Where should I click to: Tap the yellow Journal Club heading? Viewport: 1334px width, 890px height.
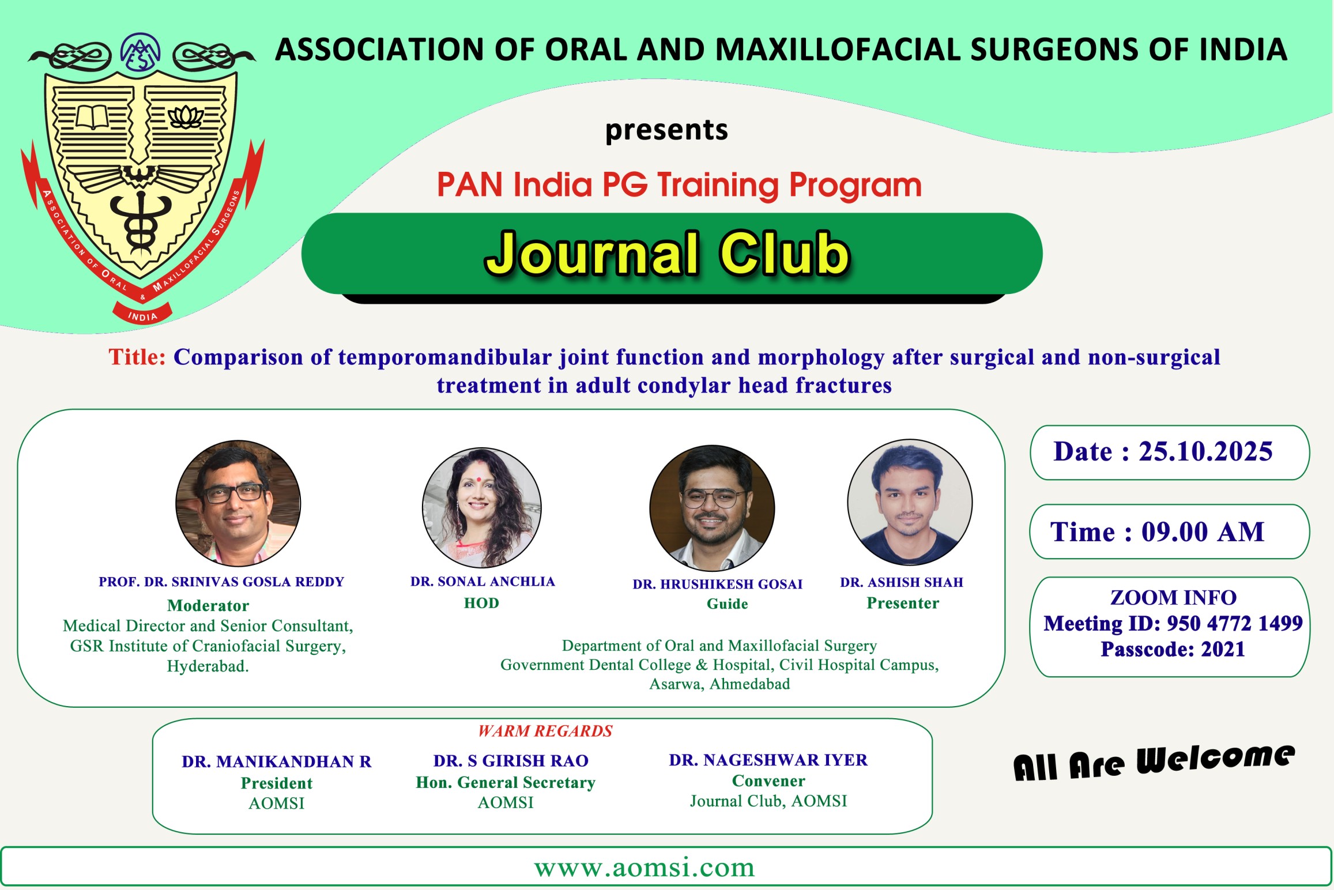[x=667, y=254]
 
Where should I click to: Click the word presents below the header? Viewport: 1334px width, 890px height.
[x=666, y=130]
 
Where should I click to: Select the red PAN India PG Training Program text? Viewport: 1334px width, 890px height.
[x=679, y=185]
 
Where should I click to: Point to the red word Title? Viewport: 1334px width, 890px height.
[x=137, y=357]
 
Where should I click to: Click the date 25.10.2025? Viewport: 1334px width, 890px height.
[x=1205, y=451]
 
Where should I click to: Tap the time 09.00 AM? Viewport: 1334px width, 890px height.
[x=1203, y=531]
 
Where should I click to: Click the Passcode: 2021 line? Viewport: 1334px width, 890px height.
[x=1173, y=649]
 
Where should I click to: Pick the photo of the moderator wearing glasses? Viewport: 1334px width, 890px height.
[x=238, y=503]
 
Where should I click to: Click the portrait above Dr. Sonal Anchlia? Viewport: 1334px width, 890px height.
[x=482, y=508]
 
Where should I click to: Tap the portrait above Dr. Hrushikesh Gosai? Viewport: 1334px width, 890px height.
[x=712, y=508]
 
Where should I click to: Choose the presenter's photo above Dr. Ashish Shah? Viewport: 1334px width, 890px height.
[x=910, y=502]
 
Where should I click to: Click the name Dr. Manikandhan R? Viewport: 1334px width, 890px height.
[x=277, y=761]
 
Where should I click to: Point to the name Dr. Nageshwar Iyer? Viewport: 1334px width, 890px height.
[x=768, y=760]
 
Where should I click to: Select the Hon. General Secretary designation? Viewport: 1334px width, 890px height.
[x=506, y=782]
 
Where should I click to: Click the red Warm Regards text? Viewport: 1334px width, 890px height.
[x=545, y=731]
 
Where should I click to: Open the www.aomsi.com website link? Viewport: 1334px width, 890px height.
[x=645, y=868]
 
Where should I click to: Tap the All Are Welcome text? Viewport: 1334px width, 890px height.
[x=1154, y=762]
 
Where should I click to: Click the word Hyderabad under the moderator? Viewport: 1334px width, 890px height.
[x=208, y=666]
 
